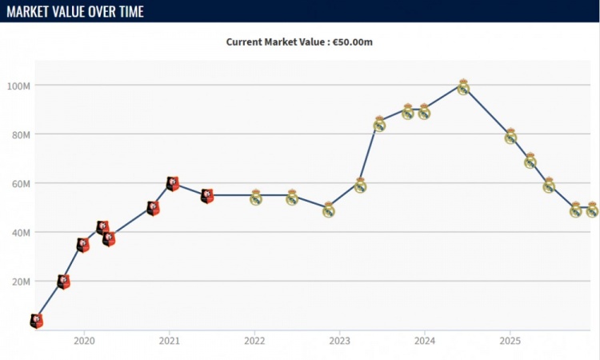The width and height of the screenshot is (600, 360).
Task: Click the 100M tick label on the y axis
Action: click(18, 86)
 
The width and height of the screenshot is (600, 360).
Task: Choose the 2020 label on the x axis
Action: click(84, 339)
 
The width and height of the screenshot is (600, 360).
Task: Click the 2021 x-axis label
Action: click(169, 339)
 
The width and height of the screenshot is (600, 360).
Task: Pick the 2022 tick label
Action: click(254, 339)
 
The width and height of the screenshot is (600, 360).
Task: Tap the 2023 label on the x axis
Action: click(339, 339)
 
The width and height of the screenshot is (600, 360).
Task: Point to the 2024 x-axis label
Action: click(425, 339)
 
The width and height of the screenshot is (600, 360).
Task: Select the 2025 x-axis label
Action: click(510, 339)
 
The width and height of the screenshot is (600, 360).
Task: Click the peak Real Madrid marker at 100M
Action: click(462, 86)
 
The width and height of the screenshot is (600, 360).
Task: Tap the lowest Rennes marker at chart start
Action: click(36, 321)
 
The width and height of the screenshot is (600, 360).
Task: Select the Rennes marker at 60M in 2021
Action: click(172, 183)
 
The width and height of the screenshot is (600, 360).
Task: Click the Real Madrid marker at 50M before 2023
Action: click(328, 210)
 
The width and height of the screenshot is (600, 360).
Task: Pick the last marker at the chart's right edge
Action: click(592, 210)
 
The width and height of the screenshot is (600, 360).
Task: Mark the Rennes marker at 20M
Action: click(63, 282)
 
